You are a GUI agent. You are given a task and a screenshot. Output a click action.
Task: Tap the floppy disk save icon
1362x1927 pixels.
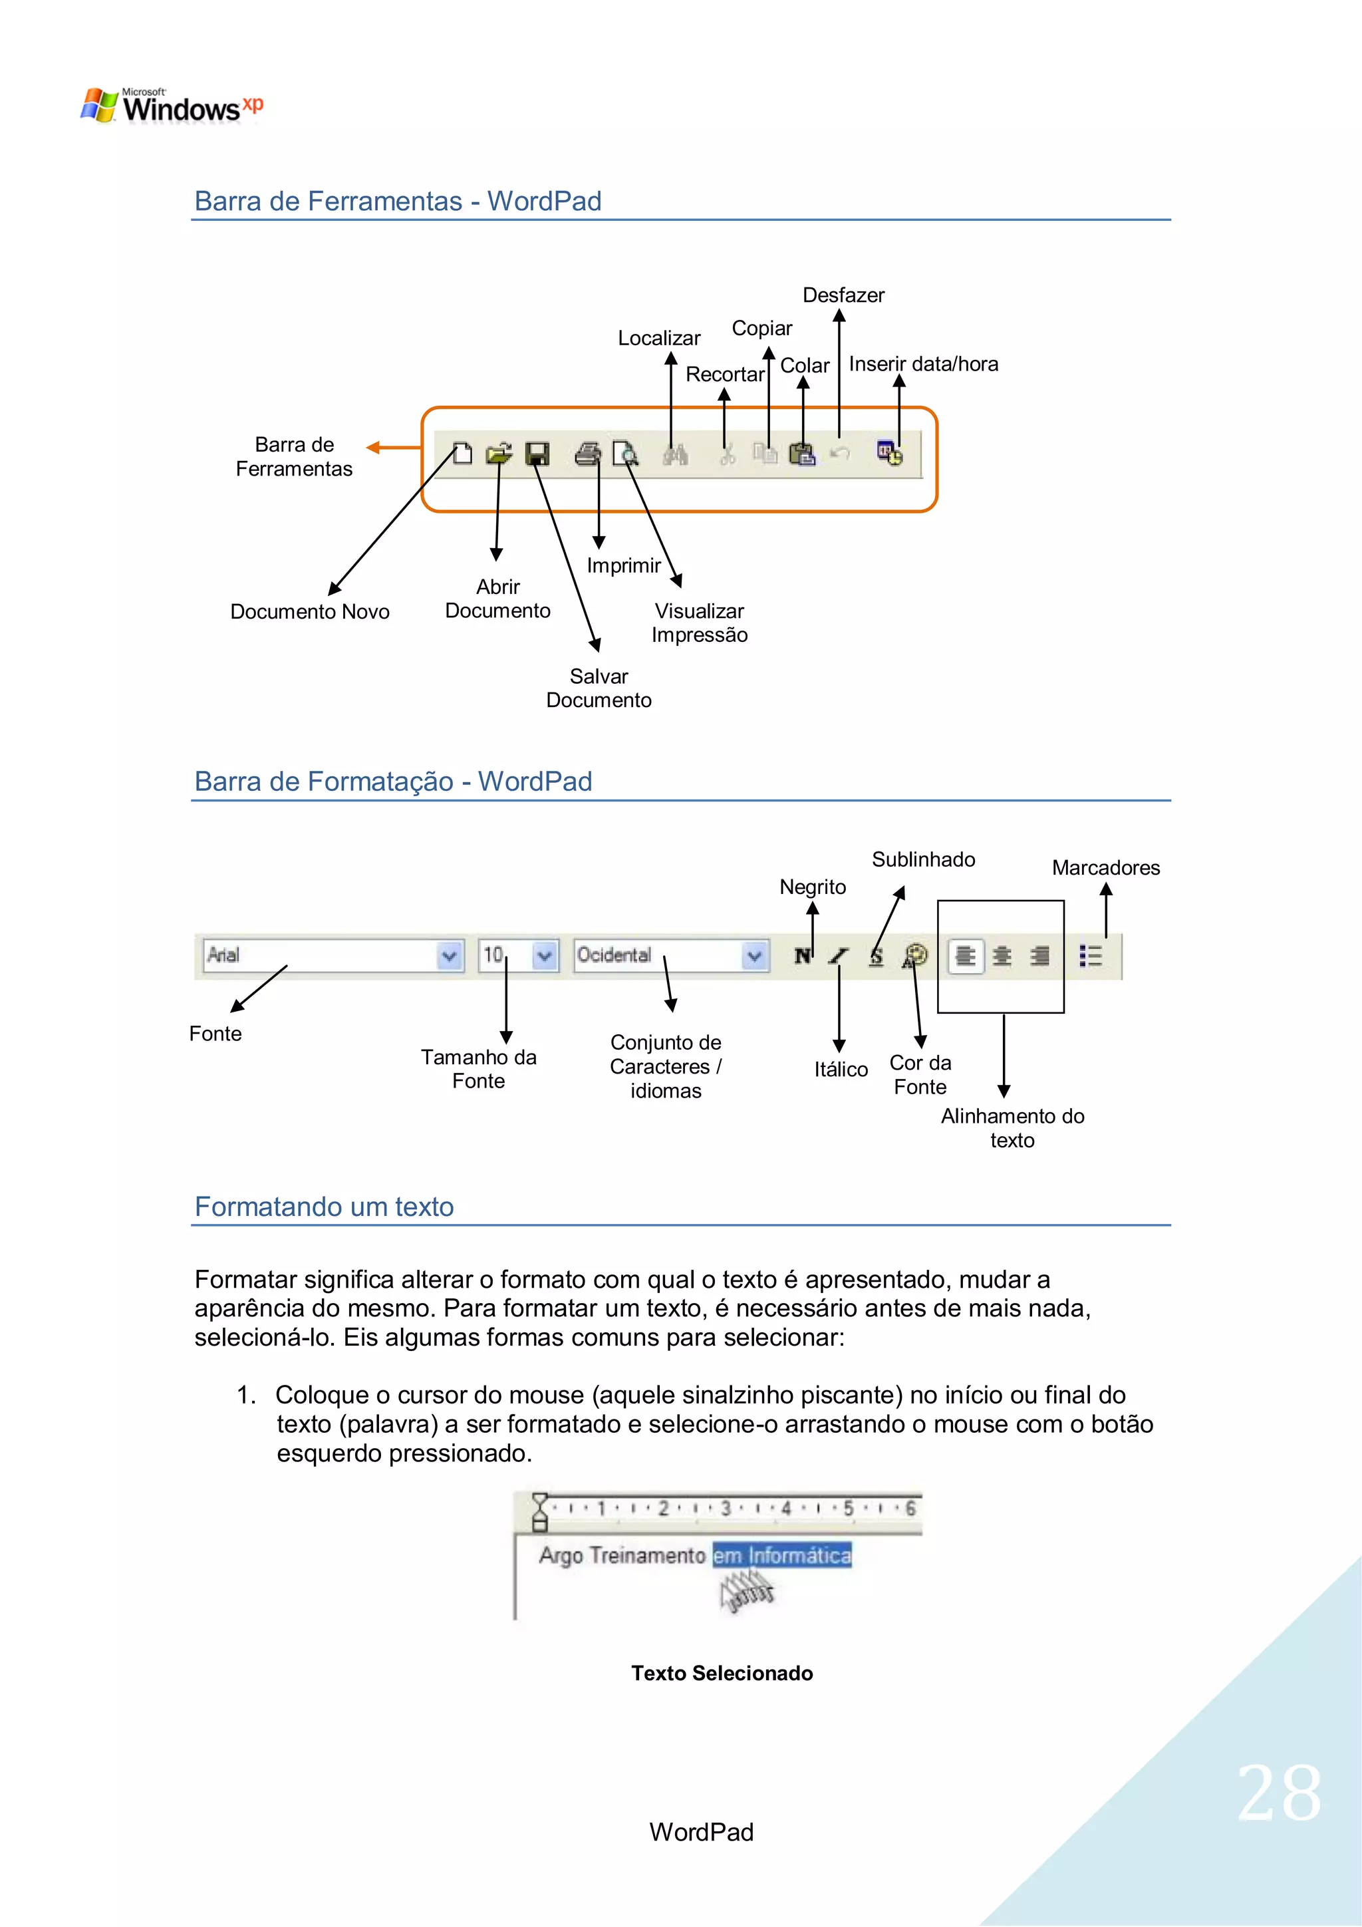tap(537, 454)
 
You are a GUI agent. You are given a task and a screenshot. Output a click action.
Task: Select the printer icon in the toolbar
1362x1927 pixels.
tap(587, 454)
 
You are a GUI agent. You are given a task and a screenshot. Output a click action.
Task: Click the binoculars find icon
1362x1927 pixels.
tap(676, 455)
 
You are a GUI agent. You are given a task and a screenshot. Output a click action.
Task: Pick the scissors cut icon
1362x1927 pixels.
tap(727, 455)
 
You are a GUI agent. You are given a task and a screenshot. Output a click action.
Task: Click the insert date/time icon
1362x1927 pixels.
tap(890, 454)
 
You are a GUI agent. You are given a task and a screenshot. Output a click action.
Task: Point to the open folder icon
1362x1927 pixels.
tap(499, 454)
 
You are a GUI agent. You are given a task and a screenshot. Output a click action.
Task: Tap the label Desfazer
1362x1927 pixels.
tap(843, 295)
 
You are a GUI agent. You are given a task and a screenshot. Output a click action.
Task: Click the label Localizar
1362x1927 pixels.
tap(659, 338)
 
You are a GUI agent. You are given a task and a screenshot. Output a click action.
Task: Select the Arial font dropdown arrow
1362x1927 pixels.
tap(450, 956)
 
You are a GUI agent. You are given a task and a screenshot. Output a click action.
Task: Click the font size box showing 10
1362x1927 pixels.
tap(504, 955)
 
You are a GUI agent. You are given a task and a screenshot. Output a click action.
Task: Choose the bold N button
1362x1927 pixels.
tap(802, 956)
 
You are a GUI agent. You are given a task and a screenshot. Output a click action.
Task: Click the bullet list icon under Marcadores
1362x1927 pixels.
tap(1090, 956)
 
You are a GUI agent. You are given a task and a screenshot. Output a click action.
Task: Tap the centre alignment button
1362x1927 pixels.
tap(1002, 956)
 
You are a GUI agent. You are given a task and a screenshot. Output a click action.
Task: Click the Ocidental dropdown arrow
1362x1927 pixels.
tap(754, 956)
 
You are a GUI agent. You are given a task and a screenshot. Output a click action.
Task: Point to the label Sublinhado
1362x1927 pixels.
tap(923, 859)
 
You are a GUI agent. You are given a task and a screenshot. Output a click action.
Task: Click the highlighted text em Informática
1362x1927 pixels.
tap(781, 1555)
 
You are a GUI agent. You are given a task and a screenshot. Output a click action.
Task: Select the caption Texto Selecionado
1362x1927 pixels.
tap(722, 1674)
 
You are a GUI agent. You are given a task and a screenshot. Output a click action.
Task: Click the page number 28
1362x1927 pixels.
tap(1279, 1793)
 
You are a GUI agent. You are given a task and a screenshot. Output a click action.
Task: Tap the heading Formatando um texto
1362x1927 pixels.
tap(324, 1207)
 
